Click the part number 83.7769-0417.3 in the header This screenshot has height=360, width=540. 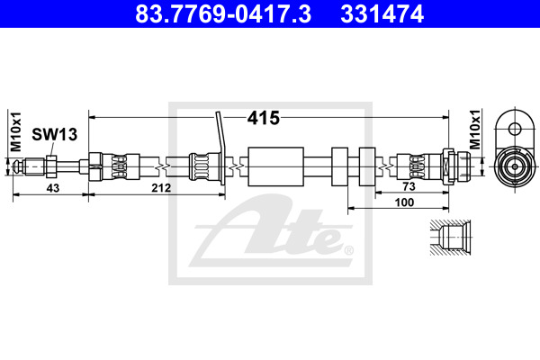[x=223, y=13]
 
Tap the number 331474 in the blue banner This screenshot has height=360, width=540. [x=382, y=13]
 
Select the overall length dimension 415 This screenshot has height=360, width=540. [x=264, y=118]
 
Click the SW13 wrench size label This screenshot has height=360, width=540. [x=54, y=134]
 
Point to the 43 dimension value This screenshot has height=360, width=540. [x=53, y=188]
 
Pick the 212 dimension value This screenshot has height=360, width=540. [x=161, y=188]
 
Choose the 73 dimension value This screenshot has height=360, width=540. [x=409, y=186]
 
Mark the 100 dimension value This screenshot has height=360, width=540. [x=404, y=202]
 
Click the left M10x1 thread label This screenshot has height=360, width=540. [x=16, y=131]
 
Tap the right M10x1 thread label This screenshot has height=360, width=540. [x=475, y=130]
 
